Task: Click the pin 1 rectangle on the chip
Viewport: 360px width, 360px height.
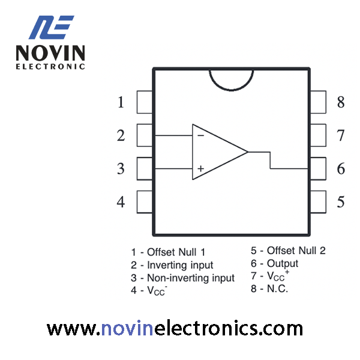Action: pos(145,102)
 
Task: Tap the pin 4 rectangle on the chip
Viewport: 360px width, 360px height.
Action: pos(145,202)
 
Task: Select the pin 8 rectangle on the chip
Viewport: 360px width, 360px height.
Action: pos(318,102)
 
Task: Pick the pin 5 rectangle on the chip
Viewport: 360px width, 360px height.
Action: pos(318,202)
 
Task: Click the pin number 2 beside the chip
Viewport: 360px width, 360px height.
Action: pos(121,136)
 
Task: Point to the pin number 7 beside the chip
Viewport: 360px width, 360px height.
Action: pos(341,136)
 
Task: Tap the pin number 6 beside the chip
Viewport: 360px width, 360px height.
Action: pos(341,169)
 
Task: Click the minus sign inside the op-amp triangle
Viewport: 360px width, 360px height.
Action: pos(200,136)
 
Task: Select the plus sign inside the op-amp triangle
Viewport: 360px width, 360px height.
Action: pos(200,169)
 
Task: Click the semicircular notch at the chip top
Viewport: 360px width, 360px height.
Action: pos(231,90)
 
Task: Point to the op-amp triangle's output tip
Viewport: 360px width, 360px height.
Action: pos(248,152)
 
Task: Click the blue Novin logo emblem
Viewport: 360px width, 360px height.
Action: pos(52,28)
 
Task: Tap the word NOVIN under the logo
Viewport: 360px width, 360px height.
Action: pos(50,53)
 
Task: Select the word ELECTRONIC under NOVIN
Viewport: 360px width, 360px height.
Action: pos(50,67)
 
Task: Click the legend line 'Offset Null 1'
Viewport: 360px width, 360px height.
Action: pos(176,252)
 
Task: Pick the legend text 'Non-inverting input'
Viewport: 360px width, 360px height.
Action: pos(191,278)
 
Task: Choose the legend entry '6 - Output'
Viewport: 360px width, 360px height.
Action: pos(274,263)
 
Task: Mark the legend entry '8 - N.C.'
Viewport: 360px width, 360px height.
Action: pos(269,289)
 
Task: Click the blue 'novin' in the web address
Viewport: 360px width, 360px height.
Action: pos(127,329)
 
